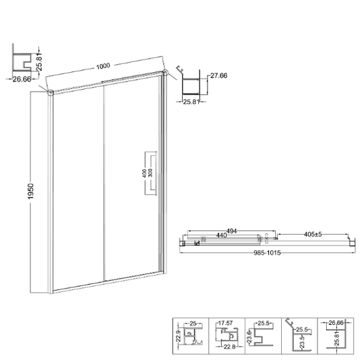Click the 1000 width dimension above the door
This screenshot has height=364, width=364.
103,66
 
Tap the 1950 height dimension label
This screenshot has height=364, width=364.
30,191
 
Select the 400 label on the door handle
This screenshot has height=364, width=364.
144,173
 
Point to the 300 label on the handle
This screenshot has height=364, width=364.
150,173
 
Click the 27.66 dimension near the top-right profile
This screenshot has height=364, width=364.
218,75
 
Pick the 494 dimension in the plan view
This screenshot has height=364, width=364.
231,231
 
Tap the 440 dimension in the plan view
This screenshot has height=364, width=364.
221,235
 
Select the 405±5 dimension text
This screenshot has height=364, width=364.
313,234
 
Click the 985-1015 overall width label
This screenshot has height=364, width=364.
267,253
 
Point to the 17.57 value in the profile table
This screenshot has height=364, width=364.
225,323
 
